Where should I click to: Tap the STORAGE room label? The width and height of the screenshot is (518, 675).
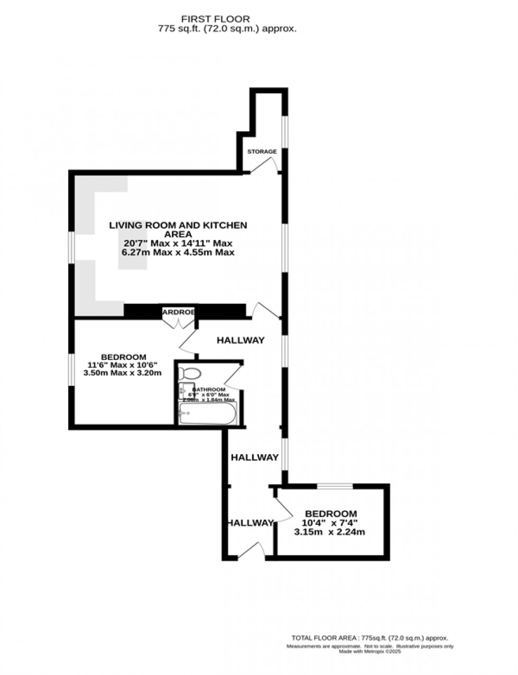pyautogui.click(x=262, y=152)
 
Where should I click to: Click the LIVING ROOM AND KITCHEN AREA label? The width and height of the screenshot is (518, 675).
pyautogui.click(x=178, y=229)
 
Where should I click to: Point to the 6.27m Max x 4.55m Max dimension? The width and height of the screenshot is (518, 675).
pyautogui.click(x=178, y=253)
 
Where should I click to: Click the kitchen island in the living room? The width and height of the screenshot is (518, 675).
pyautogui.click(x=130, y=244)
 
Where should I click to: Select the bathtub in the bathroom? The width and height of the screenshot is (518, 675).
pyautogui.click(x=208, y=413)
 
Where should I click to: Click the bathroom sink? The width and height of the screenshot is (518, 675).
pyautogui.click(x=183, y=392)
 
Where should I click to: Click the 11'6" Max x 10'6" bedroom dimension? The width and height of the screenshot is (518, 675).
pyautogui.click(x=124, y=365)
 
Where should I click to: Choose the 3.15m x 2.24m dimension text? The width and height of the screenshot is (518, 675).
pyautogui.click(x=329, y=532)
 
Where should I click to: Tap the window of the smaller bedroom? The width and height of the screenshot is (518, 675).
pyautogui.click(x=335, y=486)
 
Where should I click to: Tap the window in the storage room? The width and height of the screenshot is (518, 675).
pyautogui.click(x=284, y=131)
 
